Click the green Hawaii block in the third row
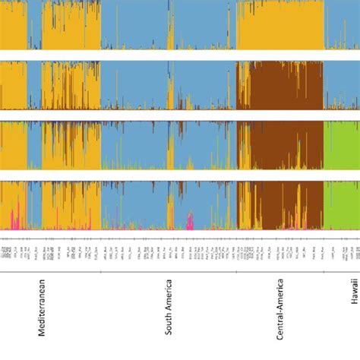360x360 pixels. (x=341, y=144)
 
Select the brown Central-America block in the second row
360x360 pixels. (x=281, y=85)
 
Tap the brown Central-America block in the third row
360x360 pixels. (x=281, y=144)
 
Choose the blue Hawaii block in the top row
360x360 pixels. (x=341, y=26)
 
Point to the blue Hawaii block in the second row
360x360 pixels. (x=341, y=85)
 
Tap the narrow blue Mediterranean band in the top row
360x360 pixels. (x=34, y=26)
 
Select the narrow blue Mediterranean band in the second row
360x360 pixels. (x=34, y=85)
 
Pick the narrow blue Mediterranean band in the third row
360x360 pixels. (x=34, y=144)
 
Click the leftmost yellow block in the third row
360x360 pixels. (x=13, y=144)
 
